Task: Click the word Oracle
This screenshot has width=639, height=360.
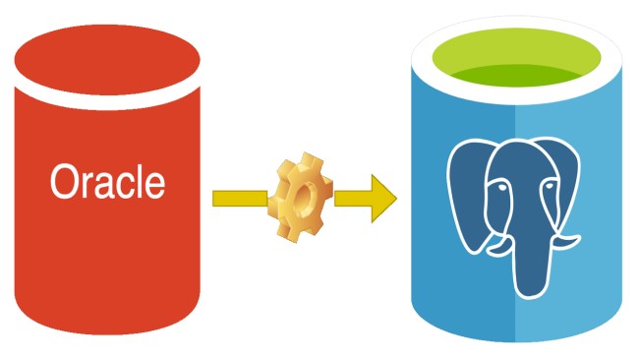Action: pyautogui.click(x=107, y=181)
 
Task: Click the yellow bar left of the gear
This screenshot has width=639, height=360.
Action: pyautogui.click(x=239, y=199)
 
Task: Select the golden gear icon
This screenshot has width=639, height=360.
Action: pyautogui.click(x=302, y=198)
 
